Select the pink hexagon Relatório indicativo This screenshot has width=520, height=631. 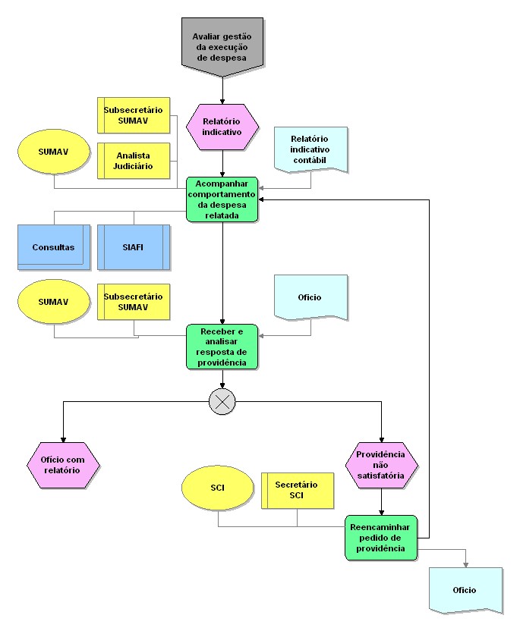tap(222, 126)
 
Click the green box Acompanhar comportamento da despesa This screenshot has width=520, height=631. tap(222, 199)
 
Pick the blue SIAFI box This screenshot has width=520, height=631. tap(133, 247)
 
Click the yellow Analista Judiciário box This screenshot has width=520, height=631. tap(134, 160)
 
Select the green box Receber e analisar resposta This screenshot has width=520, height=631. tap(222, 347)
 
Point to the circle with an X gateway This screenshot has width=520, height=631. tap(222, 402)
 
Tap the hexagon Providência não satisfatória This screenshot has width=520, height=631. tap(381, 464)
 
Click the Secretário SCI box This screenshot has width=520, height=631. tap(297, 490)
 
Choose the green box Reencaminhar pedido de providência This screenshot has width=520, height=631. tap(381, 537)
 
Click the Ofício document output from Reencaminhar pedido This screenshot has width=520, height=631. tap(465, 589)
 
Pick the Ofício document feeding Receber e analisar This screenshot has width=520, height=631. tap(310, 298)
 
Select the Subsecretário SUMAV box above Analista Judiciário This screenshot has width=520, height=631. tap(134, 115)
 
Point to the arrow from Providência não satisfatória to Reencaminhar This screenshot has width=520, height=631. tap(381, 501)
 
